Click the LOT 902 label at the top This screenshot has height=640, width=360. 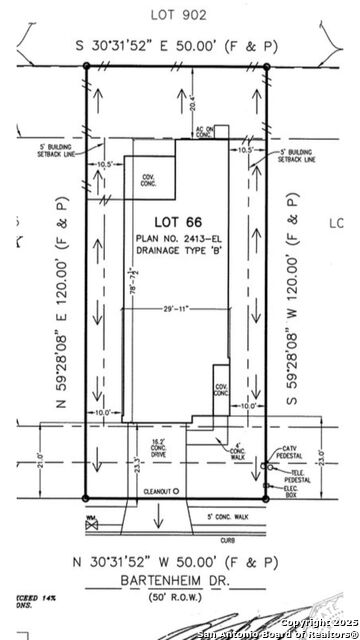[x=180, y=14]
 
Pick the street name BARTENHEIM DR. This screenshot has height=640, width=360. [x=178, y=576]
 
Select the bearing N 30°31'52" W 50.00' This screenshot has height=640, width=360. [x=178, y=560]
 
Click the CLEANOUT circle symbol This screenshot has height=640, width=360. [x=175, y=492]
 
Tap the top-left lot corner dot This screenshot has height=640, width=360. [x=86, y=67]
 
